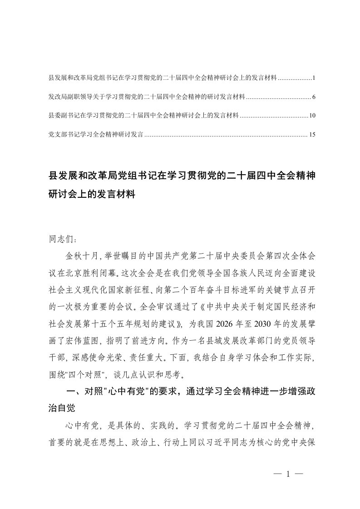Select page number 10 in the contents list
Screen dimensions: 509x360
tap(312, 116)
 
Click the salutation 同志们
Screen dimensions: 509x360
tap(59, 237)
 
